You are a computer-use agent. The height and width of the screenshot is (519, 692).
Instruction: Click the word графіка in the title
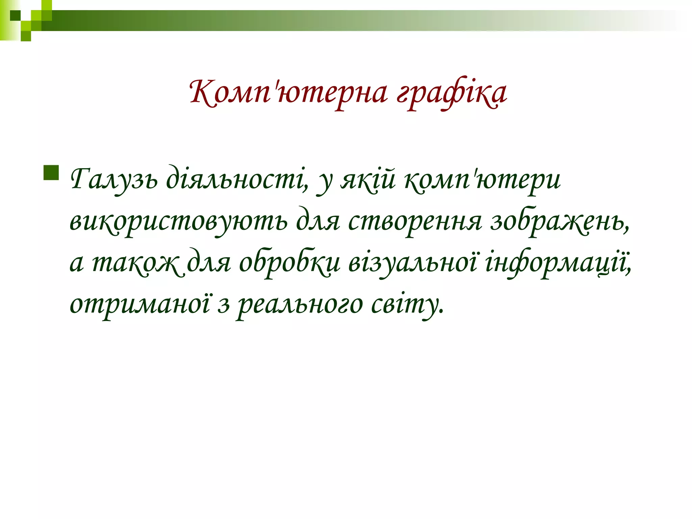click(x=451, y=93)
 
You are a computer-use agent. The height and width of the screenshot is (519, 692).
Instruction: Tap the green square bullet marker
click(x=51, y=173)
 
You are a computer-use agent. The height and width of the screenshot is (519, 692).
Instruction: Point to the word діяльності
click(x=237, y=179)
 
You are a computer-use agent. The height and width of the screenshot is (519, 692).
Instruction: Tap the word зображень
click(x=559, y=221)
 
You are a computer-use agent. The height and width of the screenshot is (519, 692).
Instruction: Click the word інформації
click(x=558, y=263)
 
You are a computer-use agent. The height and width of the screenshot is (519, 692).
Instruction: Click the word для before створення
click(x=318, y=221)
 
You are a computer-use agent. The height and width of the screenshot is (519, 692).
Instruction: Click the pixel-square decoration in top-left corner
click(x=26, y=20)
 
